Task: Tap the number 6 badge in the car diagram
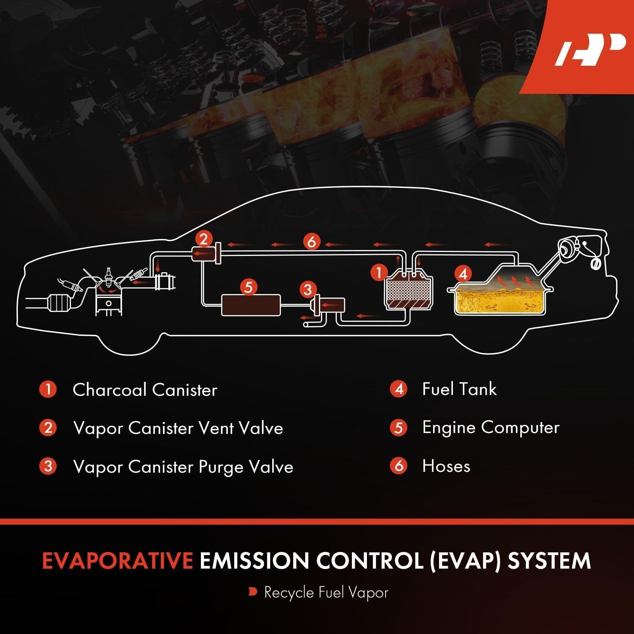click(312, 241)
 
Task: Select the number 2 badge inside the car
click(204, 239)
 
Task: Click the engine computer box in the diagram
click(251, 305)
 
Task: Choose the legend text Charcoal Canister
click(145, 390)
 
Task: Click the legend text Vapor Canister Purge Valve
click(183, 467)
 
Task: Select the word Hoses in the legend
click(446, 466)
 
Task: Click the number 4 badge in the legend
click(399, 389)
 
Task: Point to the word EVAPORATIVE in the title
click(117, 561)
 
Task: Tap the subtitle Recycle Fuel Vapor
click(326, 593)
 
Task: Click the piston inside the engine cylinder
click(109, 305)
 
